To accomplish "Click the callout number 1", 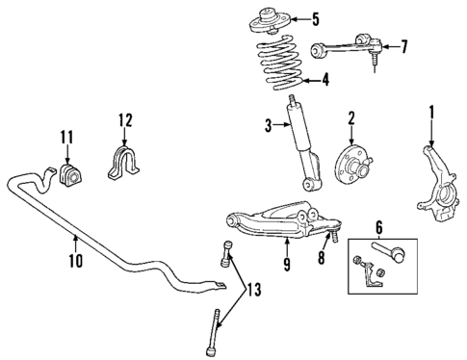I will point(431,115).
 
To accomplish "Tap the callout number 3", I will point(271,123).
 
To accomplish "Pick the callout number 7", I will point(404,45).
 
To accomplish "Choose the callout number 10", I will point(76,260).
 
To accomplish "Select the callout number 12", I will point(123,120).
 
